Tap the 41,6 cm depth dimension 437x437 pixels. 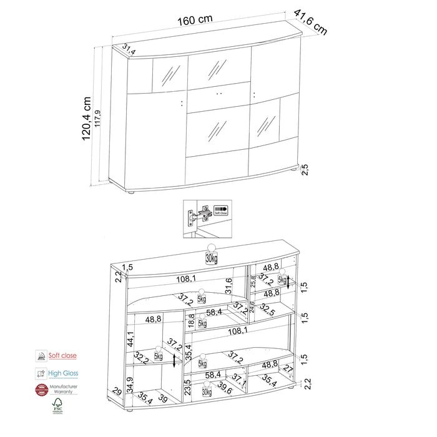pos(310,22)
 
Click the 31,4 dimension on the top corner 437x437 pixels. pos(129,47)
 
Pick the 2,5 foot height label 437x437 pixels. pos(305,170)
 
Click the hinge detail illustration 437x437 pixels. pos(205,219)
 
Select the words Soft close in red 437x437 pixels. pos(64,356)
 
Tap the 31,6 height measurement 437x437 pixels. pos(229,285)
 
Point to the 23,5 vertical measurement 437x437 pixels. pos(187,388)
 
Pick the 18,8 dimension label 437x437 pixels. pos(192,320)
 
